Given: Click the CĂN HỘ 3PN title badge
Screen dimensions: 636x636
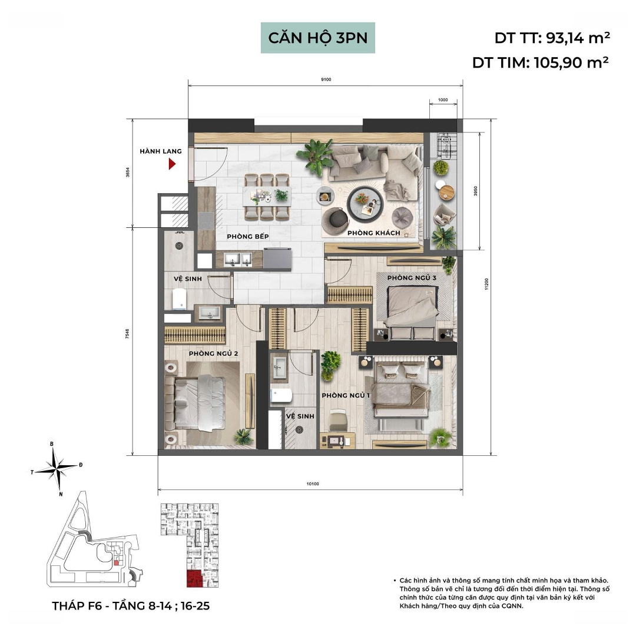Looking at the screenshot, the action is [x=317, y=38].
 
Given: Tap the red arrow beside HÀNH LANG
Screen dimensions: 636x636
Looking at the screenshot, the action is [x=172, y=164].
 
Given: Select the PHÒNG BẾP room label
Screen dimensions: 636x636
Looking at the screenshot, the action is [x=248, y=237].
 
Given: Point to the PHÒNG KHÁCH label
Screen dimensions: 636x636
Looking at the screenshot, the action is [x=373, y=233].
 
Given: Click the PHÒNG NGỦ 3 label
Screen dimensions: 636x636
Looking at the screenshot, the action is [x=412, y=278].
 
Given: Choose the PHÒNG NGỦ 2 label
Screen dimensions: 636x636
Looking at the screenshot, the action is [x=213, y=354].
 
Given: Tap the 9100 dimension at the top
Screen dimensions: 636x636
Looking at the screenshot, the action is [x=326, y=79].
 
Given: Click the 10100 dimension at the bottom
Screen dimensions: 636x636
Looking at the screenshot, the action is [x=313, y=484].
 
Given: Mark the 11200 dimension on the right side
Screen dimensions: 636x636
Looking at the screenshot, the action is [x=487, y=284].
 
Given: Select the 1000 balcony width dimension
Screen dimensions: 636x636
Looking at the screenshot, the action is [x=443, y=100].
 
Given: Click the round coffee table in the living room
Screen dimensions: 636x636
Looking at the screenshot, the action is [x=365, y=204].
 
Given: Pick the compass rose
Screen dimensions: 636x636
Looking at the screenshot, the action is [x=57, y=469].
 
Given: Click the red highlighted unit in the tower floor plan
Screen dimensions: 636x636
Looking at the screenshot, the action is [x=195, y=579].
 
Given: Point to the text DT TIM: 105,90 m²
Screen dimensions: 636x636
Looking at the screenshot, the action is [x=540, y=62].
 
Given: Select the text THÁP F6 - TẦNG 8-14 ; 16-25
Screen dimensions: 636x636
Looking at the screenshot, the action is [x=131, y=606].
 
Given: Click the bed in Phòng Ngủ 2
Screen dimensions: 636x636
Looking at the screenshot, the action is [x=195, y=403].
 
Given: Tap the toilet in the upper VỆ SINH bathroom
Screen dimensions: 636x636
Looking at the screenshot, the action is [x=179, y=299].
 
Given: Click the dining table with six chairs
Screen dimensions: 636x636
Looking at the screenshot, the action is [x=267, y=197].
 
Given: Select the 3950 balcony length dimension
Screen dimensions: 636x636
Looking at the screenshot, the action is [x=476, y=191].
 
